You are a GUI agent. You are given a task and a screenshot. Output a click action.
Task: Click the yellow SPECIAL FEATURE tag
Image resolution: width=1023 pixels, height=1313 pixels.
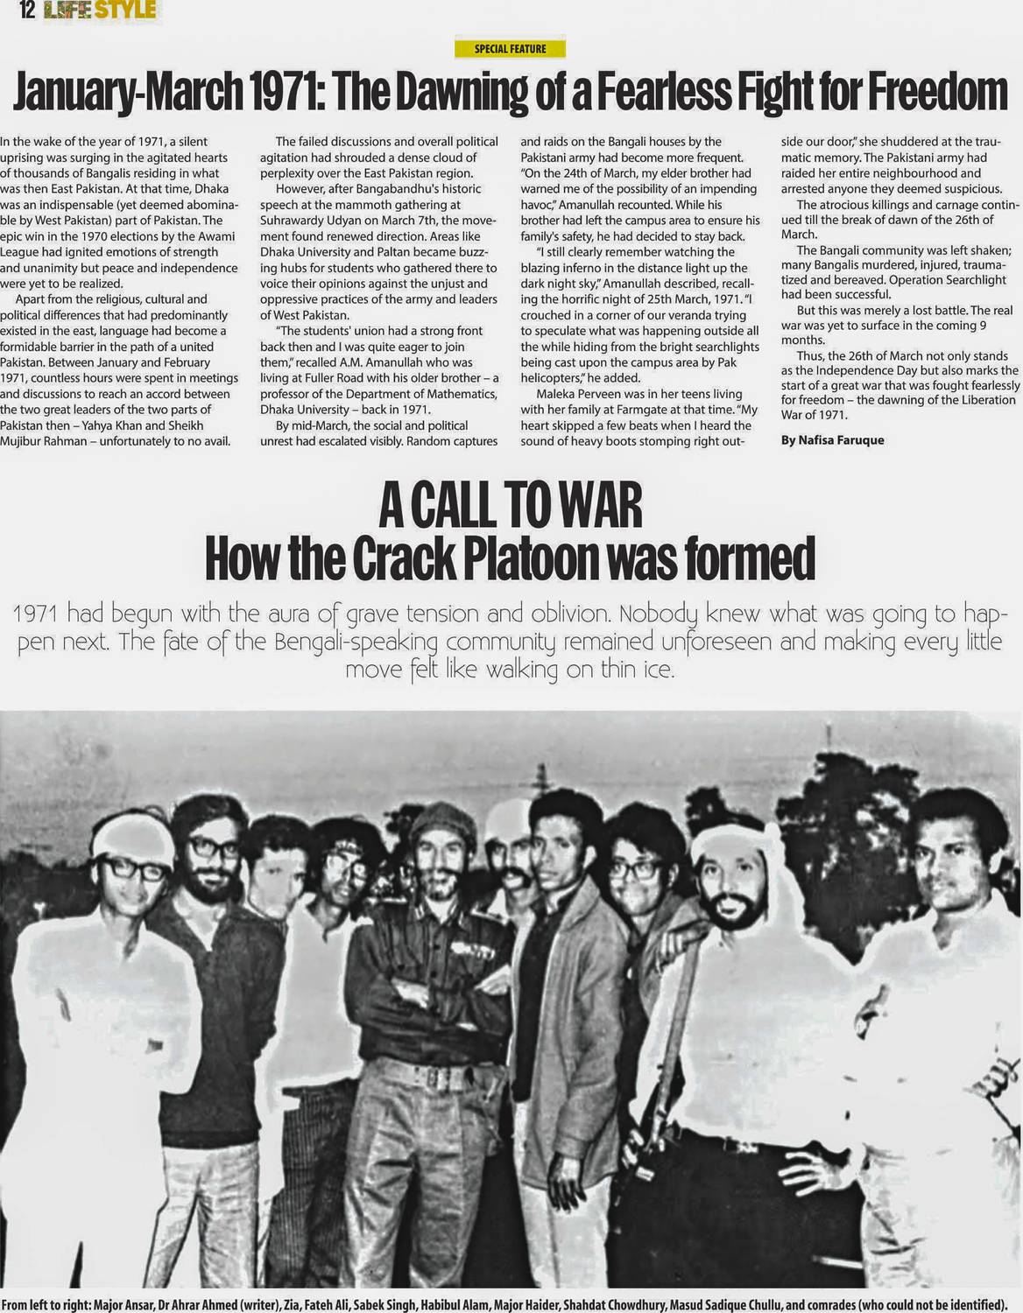point(510,49)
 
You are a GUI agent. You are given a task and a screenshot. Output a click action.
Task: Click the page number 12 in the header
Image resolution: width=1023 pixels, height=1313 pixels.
point(25,11)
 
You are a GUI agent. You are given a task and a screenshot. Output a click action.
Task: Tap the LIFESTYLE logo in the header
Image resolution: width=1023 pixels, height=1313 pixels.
point(101,11)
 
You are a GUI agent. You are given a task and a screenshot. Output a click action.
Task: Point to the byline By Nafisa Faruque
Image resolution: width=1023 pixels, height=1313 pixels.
point(832,440)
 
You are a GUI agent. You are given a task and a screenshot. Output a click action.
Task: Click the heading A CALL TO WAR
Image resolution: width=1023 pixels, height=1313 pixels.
point(511,507)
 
